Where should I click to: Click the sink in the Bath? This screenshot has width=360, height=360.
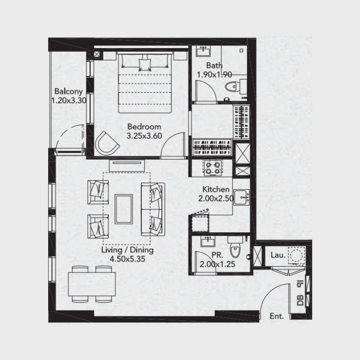click(x=203, y=50)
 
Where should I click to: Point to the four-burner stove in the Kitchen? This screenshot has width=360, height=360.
click(x=212, y=168)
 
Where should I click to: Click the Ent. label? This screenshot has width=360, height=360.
click(x=277, y=316)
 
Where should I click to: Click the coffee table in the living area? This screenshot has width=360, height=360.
click(x=123, y=208)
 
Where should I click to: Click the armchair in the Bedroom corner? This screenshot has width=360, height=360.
click(x=107, y=142)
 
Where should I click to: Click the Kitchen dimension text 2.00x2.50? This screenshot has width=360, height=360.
click(x=216, y=198)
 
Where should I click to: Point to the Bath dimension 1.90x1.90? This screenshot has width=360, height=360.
click(x=214, y=75)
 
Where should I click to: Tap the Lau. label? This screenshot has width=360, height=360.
click(x=278, y=255)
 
